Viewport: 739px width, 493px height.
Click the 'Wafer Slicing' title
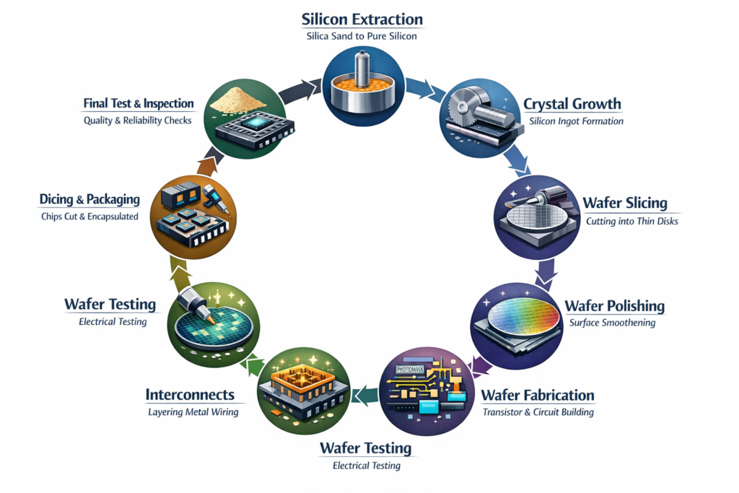625,204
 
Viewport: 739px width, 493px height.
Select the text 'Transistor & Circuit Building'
538,413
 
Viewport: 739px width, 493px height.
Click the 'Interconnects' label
190,395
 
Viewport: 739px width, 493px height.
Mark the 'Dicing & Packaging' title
91,199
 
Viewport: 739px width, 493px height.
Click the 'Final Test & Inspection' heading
138,103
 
